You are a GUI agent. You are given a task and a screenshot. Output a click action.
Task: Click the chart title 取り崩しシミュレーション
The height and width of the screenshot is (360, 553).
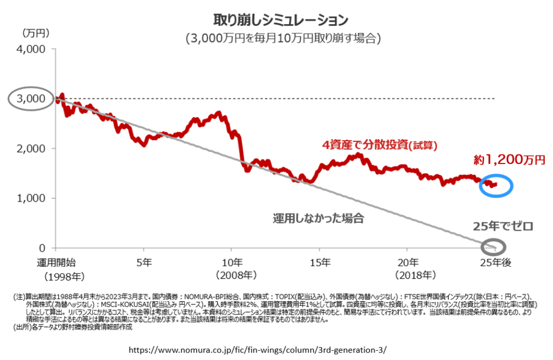click(x=280, y=20)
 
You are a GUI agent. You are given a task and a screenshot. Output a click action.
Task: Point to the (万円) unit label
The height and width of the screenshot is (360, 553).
click(x=36, y=33)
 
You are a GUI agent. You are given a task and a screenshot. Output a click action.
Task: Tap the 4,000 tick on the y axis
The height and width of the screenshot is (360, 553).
click(x=33, y=49)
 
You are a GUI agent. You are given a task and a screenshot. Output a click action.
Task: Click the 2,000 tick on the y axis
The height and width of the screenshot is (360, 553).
click(x=33, y=148)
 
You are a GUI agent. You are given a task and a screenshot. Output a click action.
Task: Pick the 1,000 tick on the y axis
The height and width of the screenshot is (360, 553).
click(x=33, y=198)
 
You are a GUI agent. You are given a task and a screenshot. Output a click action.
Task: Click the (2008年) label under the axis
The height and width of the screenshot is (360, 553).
click(x=231, y=275)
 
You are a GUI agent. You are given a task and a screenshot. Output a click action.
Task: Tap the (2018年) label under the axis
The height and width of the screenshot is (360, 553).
click(x=408, y=275)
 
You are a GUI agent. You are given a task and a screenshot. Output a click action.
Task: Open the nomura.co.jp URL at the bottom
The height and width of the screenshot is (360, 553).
click(x=258, y=349)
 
